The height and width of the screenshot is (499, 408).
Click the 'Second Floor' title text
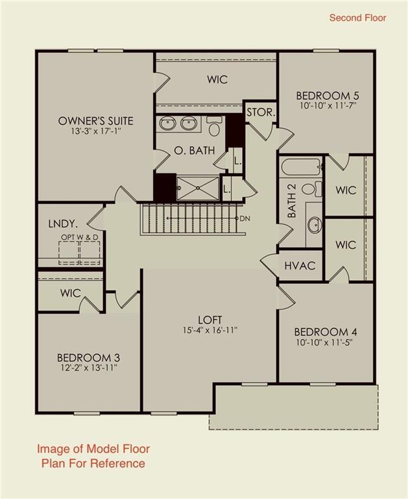click(x=357, y=18)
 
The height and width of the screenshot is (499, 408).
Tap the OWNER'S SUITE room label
click(x=95, y=121)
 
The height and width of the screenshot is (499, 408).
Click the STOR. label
click(x=261, y=112)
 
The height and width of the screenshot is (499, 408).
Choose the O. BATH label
click(x=190, y=151)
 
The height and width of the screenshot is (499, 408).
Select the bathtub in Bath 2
click(x=301, y=167)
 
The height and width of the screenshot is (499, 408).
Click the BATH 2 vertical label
click(x=292, y=203)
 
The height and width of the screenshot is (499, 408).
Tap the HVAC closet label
click(x=300, y=266)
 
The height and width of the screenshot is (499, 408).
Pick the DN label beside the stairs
click(x=245, y=218)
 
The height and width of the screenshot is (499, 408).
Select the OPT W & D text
click(x=80, y=238)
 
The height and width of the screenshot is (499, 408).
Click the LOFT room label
click(x=210, y=320)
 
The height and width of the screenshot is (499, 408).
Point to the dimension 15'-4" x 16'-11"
click(x=210, y=330)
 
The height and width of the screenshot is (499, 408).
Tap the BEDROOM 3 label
click(x=88, y=357)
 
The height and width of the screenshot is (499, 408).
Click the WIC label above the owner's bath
click(x=217, y=79)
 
